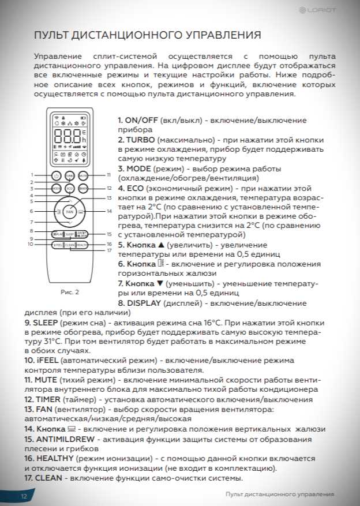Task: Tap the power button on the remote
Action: click(56, 175)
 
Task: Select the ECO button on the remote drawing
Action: click(70, 189)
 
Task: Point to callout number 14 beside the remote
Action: click(108, 211)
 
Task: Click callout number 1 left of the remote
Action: click(32, 174)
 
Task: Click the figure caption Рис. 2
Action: click(70, 291)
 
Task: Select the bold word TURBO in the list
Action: click(140, 140)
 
